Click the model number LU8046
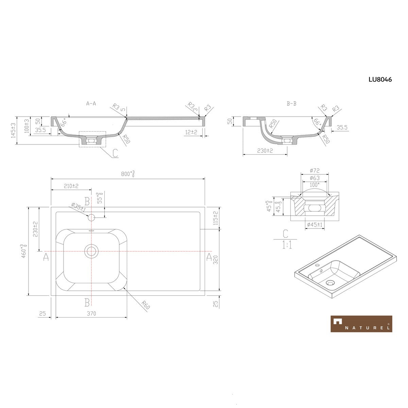point(380,80)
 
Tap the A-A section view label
point(91,104)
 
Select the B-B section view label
point(291,104)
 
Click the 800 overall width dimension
point(128,174)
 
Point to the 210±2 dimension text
point(71,186)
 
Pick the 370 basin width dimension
point(91,313)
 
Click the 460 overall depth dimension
point(24,251)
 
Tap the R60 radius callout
point(146,305)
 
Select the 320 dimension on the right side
point(215,260)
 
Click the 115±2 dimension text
point(215,218)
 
